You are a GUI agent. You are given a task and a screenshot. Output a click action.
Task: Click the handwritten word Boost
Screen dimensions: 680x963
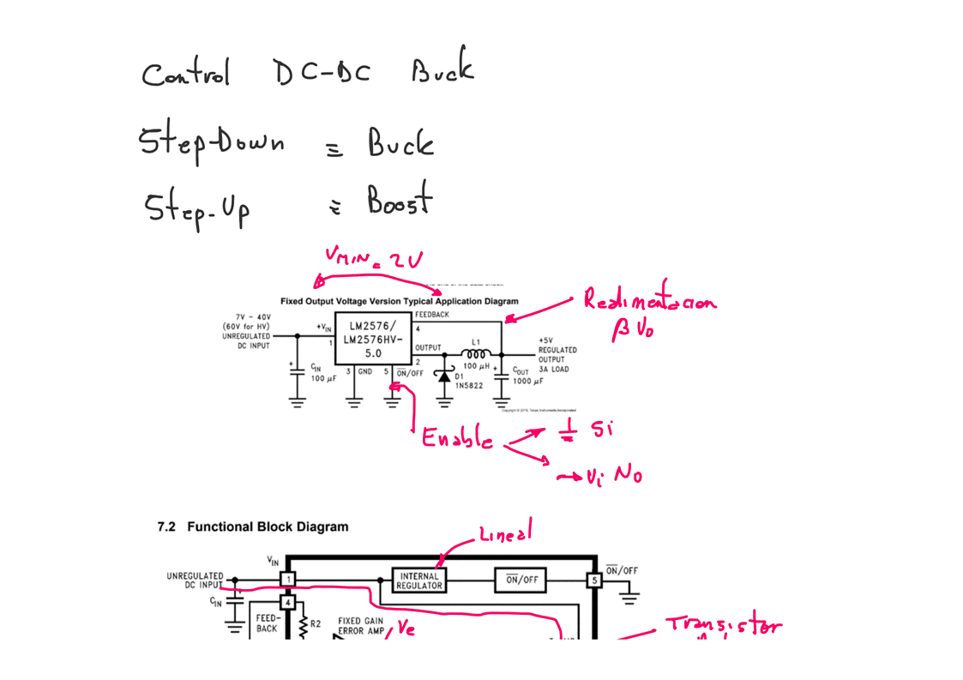[x=400, y=202]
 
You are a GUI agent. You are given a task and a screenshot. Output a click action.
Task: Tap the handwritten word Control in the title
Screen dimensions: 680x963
[x=185, y=74]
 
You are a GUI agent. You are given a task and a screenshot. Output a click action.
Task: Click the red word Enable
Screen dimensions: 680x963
[x=456, y=440]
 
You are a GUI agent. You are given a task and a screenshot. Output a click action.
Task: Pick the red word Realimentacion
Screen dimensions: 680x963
[x=649, y=301]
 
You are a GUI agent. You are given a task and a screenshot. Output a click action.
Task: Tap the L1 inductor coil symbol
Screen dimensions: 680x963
[x=476, y=353]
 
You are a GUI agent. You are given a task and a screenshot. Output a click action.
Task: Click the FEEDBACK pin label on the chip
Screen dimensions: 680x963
[x=432, y=315]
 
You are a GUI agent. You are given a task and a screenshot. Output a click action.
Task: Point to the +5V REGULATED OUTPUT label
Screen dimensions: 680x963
[x=557, y=350]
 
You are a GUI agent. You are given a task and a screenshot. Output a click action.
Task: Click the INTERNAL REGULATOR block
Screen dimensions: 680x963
[x=419, y=581]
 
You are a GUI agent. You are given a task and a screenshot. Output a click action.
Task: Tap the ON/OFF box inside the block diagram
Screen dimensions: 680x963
[x=521, y=581]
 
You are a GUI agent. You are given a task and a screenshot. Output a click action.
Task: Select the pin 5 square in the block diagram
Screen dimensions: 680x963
[x=593, y=581]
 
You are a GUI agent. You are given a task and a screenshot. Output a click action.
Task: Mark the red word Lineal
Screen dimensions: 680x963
[x=505, y=536]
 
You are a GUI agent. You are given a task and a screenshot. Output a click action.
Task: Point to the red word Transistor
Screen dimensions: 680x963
[x=724, y=627]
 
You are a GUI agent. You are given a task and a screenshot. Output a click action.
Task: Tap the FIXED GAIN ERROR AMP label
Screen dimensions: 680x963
[x=361, y=626]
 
